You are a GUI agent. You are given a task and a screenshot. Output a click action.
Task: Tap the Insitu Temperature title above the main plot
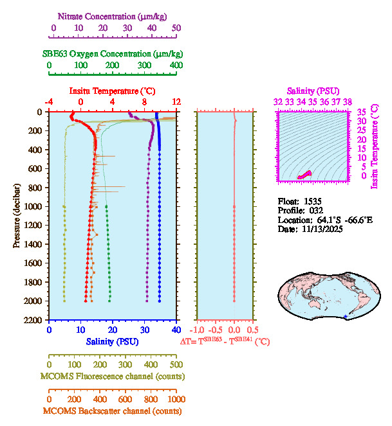pos(112,91)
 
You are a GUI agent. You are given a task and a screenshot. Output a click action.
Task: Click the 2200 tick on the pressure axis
pos(35,319)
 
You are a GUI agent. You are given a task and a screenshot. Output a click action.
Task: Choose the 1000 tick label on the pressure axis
pos(35,206)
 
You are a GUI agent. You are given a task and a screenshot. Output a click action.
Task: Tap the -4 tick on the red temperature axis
pos(49,102)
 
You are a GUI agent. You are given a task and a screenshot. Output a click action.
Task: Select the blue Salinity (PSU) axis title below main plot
pos(112,342)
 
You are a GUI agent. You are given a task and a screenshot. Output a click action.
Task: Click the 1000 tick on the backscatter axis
pos(174,398)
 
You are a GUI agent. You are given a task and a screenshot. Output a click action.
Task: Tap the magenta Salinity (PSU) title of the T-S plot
pos(313,91)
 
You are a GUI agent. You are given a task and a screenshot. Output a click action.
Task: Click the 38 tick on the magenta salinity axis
pos(348,102)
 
